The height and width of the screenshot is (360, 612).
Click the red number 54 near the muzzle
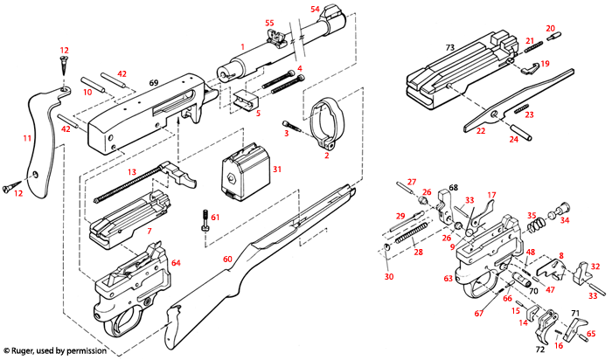click(x=315, y=8)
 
